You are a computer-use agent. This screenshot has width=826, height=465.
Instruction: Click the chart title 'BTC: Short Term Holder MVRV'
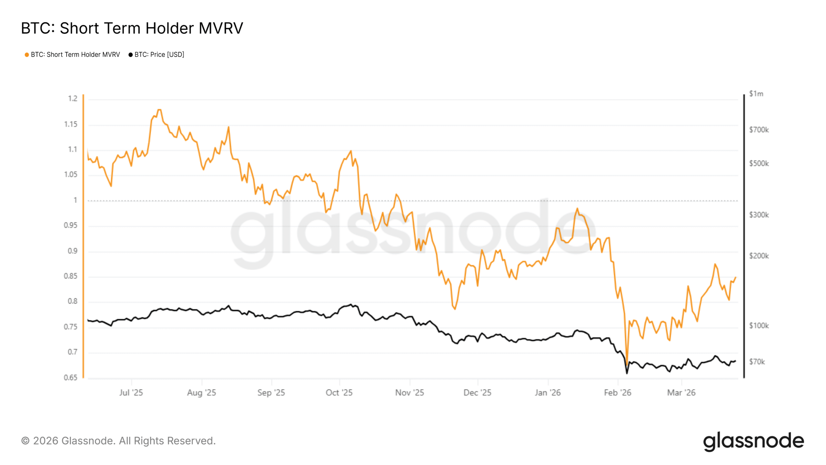point(132,28)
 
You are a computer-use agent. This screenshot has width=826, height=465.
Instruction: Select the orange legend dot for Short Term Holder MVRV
point(27,55)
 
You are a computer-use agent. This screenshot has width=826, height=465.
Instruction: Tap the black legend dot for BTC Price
point(130,55)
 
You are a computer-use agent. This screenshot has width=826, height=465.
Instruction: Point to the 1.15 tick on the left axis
point(71,124)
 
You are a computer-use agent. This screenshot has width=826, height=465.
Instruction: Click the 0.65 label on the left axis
point(71,377)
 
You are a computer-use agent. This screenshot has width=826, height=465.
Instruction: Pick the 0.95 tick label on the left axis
point(71,225)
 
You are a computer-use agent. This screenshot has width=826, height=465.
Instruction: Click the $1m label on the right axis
point(756,94)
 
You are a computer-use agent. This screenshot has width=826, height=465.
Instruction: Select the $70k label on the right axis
point(757,362)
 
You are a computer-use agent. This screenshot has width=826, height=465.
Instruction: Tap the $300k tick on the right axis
point(759,215)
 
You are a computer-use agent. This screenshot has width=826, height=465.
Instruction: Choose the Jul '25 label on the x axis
point(131,393)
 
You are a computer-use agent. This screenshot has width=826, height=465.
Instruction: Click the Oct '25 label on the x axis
point(339,393)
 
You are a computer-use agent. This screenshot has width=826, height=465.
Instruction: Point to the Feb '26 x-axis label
point(618,393)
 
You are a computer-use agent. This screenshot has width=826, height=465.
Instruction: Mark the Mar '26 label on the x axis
point(681,393)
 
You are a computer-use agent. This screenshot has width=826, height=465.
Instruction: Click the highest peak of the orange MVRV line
point(159,110)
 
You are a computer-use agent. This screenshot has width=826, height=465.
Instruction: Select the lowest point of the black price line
point(627,374)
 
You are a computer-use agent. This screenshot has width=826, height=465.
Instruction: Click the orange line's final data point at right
point(735,277)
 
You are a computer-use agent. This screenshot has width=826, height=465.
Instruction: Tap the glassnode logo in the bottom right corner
point(753,441)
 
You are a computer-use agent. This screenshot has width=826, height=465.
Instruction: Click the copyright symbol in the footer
point(25,441)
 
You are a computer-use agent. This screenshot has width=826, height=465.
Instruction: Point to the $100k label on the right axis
point(759,325)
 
